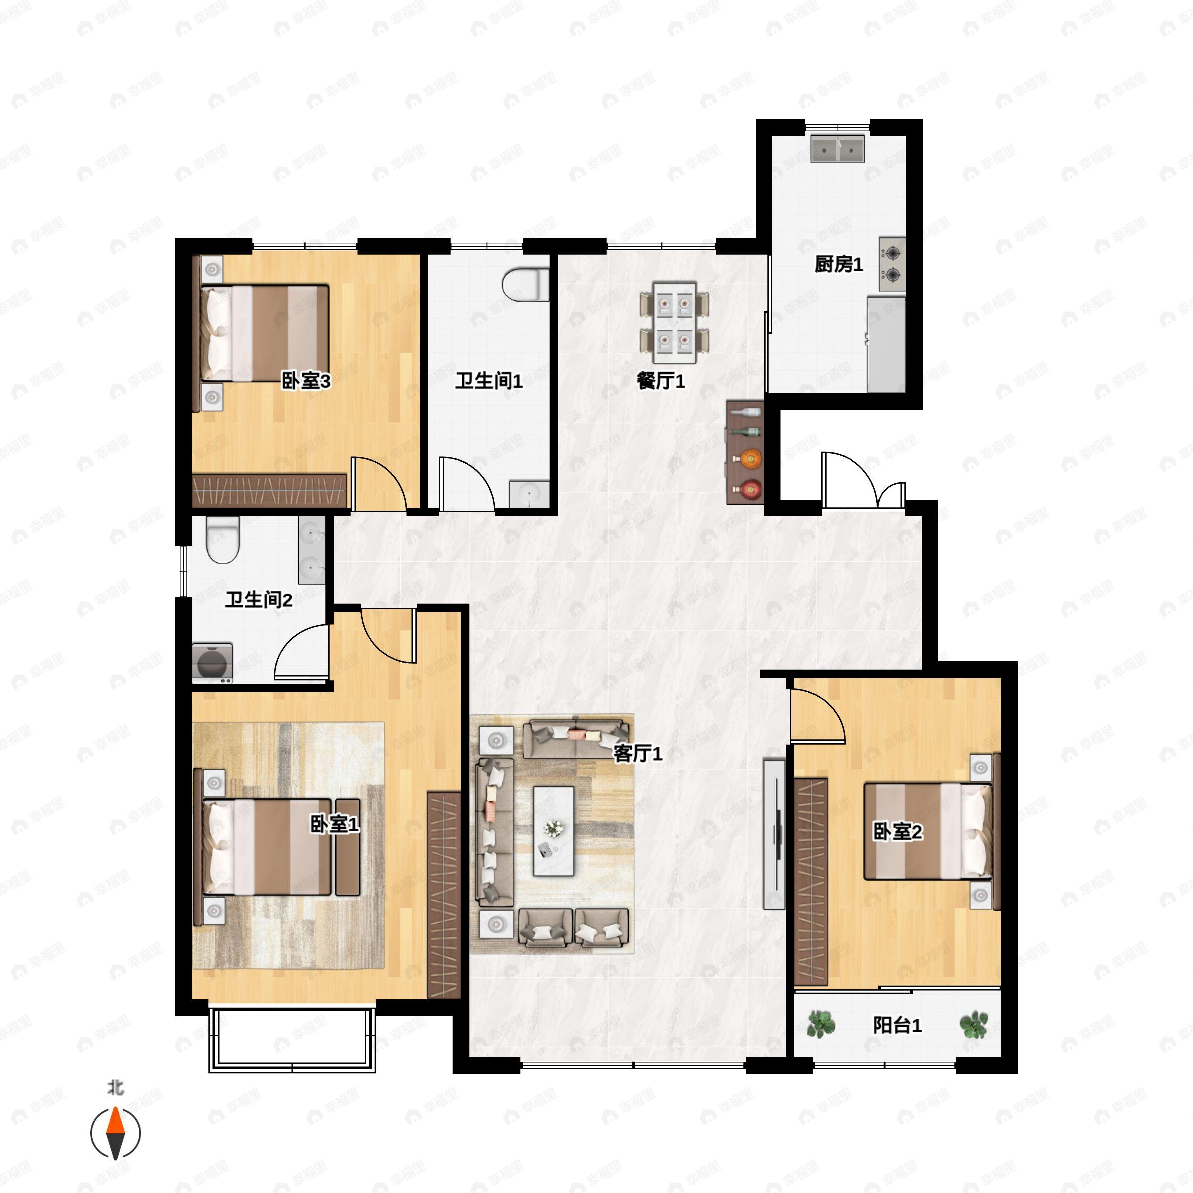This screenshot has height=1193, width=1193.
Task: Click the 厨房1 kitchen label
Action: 839,265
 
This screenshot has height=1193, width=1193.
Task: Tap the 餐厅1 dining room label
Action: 661,381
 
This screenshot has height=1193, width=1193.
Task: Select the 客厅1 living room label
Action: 638,754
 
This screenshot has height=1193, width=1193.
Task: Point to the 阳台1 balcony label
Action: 897,1025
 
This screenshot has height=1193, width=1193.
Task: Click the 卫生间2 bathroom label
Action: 258,599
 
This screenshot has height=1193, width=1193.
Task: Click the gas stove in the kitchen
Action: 892,264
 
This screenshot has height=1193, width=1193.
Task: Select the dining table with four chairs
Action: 675,323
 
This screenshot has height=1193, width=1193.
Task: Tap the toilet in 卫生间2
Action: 222,540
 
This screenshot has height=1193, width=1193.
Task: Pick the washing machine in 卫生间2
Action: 212,663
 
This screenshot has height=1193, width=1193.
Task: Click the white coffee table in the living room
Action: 553,831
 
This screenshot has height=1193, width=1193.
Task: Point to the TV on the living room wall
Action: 774,834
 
